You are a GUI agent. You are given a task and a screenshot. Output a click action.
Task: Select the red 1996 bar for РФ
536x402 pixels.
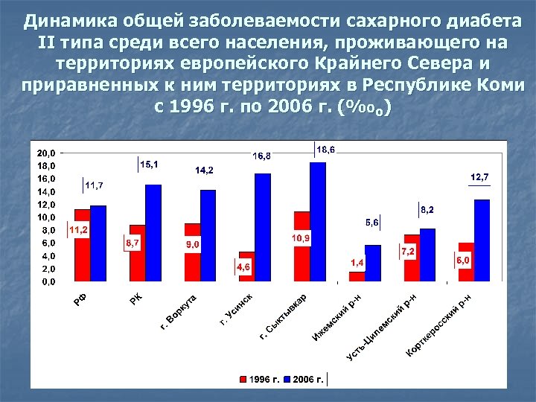point(82,245)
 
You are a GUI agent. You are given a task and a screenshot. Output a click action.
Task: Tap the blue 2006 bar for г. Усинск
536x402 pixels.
point(263,227)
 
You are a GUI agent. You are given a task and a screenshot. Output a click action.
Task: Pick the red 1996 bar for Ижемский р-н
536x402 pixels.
point(357,276)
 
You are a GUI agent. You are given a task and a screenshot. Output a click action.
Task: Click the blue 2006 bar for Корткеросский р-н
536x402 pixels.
point(482,240)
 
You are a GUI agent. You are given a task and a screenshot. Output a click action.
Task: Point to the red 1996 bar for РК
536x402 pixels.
point(137,253)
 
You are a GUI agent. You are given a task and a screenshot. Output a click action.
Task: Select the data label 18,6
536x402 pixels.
point(326,150)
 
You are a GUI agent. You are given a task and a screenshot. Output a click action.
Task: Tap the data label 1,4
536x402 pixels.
point(357,263)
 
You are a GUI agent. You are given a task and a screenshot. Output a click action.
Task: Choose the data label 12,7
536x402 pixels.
point(479,177)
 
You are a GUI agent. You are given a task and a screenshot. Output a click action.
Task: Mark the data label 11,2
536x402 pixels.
point(79,230)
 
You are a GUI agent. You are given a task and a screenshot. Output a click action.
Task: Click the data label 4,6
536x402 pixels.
point(243,267)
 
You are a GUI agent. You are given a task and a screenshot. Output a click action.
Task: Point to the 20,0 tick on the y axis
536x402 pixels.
point(46,153)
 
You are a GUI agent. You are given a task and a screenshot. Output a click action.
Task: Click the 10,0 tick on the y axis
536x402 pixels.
point(46,217)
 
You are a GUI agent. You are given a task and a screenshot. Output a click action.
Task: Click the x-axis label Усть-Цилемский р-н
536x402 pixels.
point(383,328)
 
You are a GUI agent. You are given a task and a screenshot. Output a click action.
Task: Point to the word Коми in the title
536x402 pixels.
point(498,83)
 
